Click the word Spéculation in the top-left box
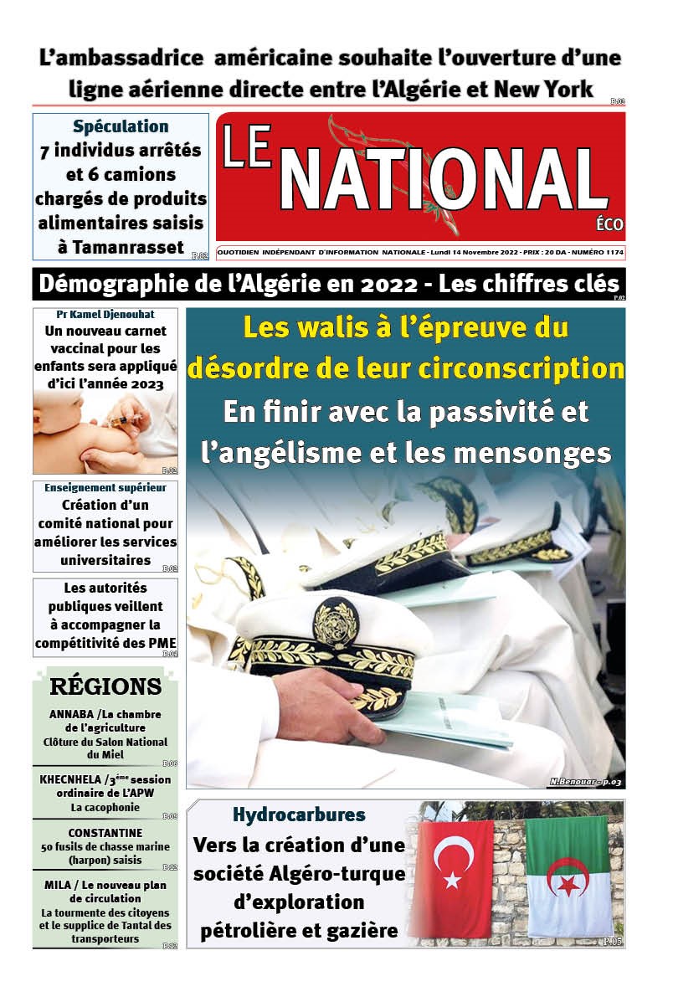[x=121, y=127]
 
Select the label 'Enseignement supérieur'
[x=105, y=487]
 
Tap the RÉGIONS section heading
[x=105, y=687]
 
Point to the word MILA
[x=59, y=885]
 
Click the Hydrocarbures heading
[x=299, y=814]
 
